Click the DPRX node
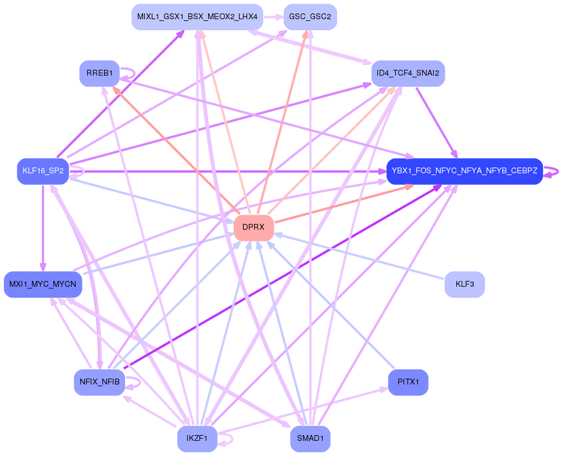[253, 227]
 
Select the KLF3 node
[464, 284]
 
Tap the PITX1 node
[408, 382]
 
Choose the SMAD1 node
[310, 439]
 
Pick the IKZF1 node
[197, 439]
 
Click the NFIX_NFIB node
[99, 382]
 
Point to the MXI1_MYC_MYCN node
[43, 284]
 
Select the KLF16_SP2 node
[43, 171]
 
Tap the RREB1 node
[99, 73]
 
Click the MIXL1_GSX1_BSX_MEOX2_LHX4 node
[197, 17]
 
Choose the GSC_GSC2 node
[310, 17]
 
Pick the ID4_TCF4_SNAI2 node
[408, 73]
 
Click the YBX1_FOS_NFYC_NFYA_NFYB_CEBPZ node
[464, 171]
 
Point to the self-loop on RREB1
[133, 73]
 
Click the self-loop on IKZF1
[230, 439]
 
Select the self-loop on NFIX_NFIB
[137, 382]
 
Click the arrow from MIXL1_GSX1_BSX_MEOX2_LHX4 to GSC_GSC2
[273, 17]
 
